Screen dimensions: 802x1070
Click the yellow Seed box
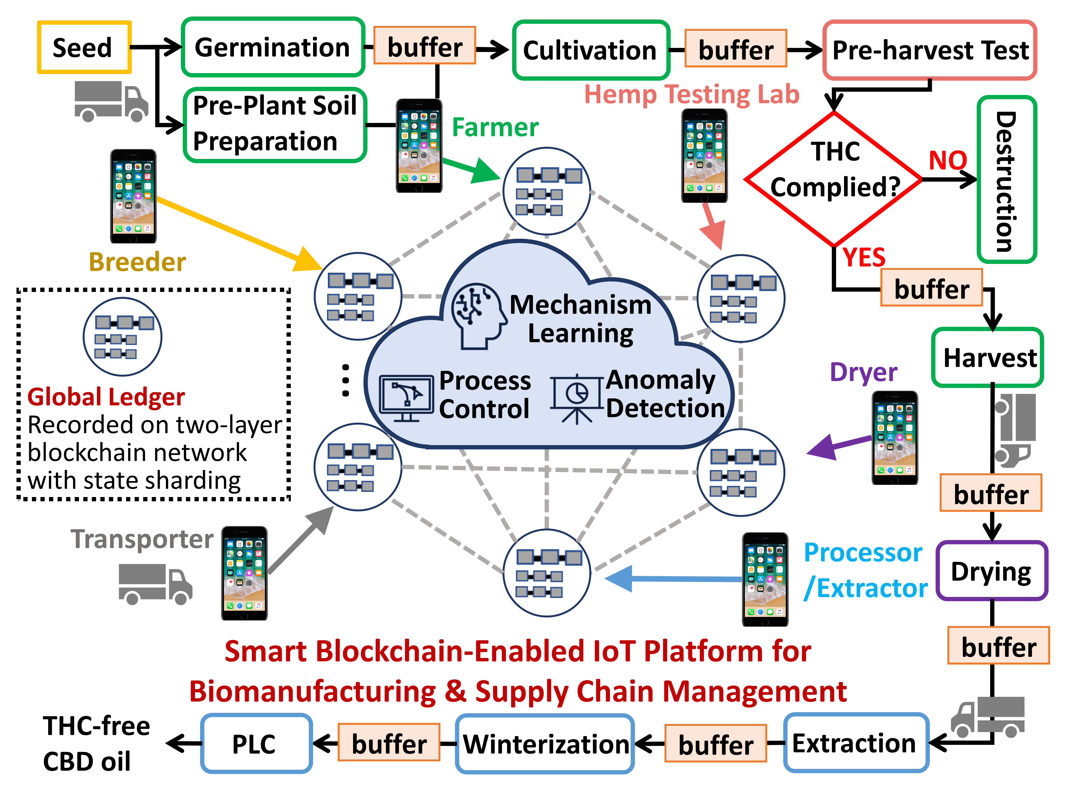(84, 47)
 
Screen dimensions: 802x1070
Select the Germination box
(273, 47)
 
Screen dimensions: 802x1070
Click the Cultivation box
(591, 50)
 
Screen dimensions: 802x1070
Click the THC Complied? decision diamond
(834, 179)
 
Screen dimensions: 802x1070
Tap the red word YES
(864, 257)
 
